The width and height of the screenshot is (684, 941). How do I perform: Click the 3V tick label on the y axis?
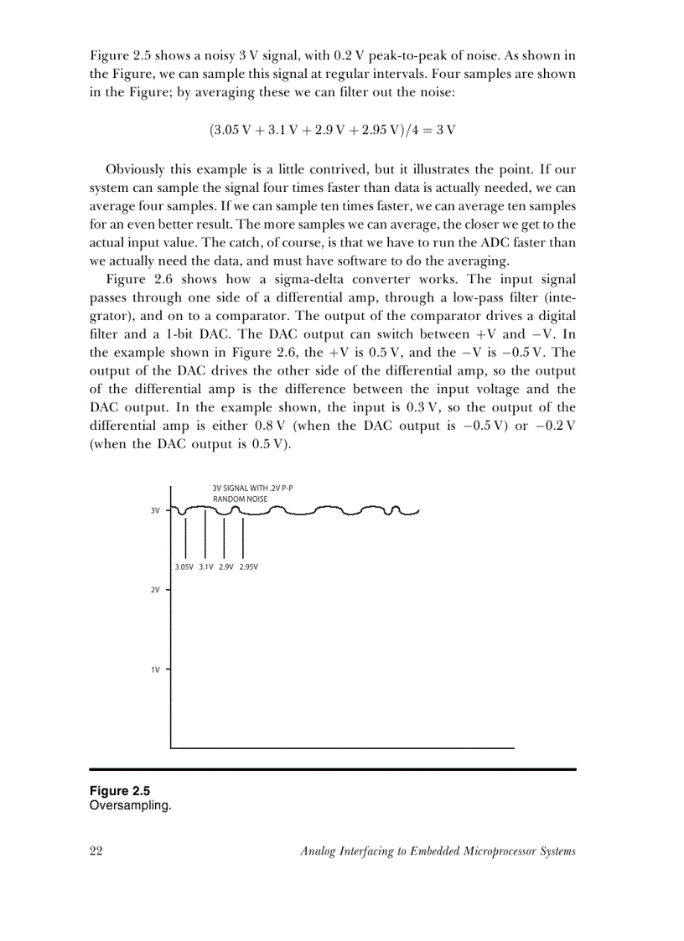[155, 509]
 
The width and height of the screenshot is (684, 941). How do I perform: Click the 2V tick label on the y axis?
[155, 590]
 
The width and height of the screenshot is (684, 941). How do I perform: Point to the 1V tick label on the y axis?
[155, 670]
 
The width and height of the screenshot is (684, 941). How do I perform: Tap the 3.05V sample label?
[184, 567]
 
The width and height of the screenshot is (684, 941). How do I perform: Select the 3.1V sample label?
[206, 567]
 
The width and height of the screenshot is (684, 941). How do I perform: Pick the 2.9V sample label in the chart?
[225, 567]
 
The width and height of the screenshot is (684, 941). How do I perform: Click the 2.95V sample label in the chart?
[248, 567]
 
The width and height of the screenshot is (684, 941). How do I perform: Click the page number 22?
[96, 851]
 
